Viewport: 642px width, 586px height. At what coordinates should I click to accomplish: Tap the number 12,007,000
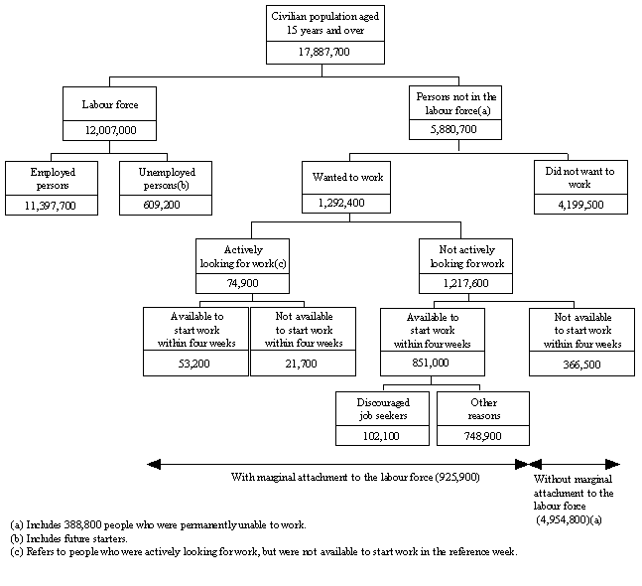point(109,130)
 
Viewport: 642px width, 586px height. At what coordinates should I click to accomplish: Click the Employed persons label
point(53,178)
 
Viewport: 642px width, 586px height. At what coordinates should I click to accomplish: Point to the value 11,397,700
point(53,206)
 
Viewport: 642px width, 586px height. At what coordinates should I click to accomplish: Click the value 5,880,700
point(457,130)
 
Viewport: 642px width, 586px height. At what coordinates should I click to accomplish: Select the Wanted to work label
point(343,178)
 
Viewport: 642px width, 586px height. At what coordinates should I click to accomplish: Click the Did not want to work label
point(580,178)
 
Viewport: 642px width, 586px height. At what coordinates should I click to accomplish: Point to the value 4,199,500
point(580,206)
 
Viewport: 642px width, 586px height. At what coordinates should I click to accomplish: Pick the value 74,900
point(229,282)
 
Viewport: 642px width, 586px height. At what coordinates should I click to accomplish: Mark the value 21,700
point(298,364)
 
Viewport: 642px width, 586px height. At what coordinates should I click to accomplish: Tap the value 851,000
point(433,364)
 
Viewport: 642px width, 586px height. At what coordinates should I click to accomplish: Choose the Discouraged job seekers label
point(382,408)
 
